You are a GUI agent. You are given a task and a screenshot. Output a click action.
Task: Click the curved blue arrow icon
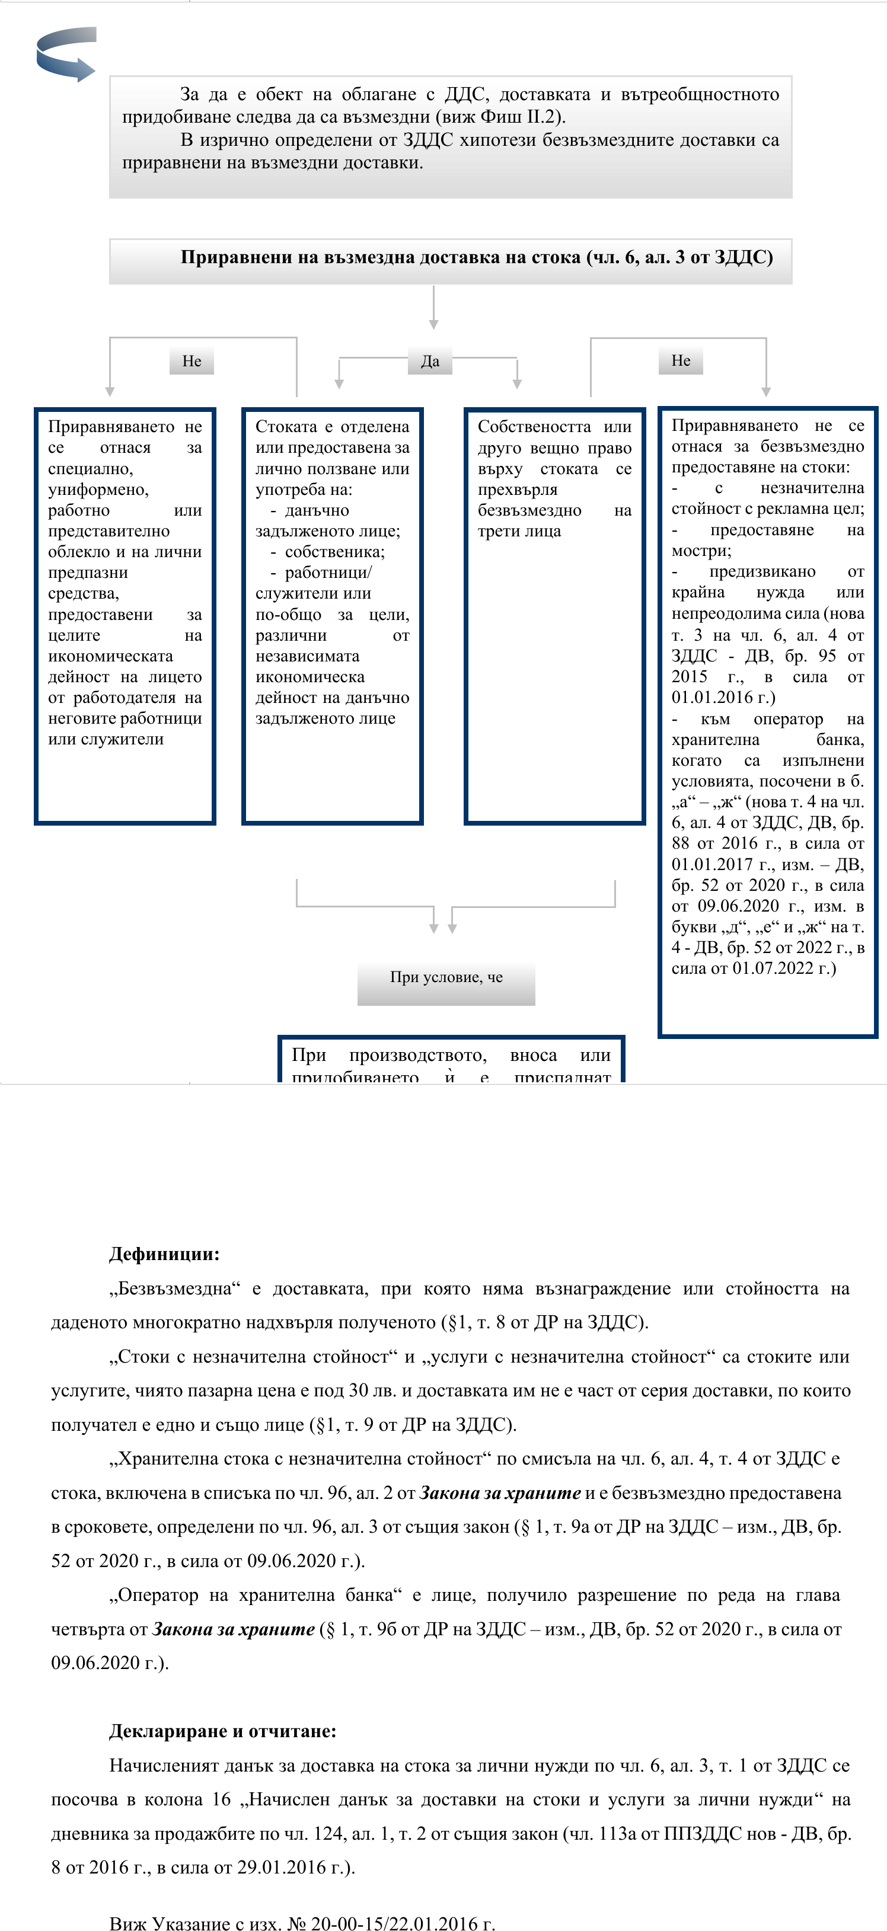(x=66, y=53)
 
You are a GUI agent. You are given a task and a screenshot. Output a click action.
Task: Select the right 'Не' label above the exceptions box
(x=681, y=360)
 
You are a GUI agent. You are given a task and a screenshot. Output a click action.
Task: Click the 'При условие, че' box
(x=446, y=977)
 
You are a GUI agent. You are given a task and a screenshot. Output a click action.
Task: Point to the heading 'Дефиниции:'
(x=164, y=1254)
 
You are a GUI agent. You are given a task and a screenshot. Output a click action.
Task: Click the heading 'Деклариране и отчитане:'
(x=223, y=1731)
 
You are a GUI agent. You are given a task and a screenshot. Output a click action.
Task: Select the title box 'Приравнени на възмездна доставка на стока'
(x=451, y=258)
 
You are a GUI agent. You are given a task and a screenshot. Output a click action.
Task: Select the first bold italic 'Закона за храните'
(x=499, y=1492)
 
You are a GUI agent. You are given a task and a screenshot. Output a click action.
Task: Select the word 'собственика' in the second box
(x=334, y=552)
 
